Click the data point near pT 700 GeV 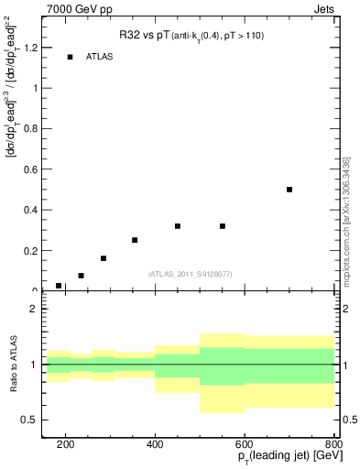pos(289,190)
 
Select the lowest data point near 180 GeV pos(59,286)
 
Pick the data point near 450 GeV pos(178,226)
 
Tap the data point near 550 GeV pos(223,226)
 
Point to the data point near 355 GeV pos(135,240)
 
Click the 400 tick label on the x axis pos(155,445)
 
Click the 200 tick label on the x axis pos(66,445)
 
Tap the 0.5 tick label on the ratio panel pos(32,420)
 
